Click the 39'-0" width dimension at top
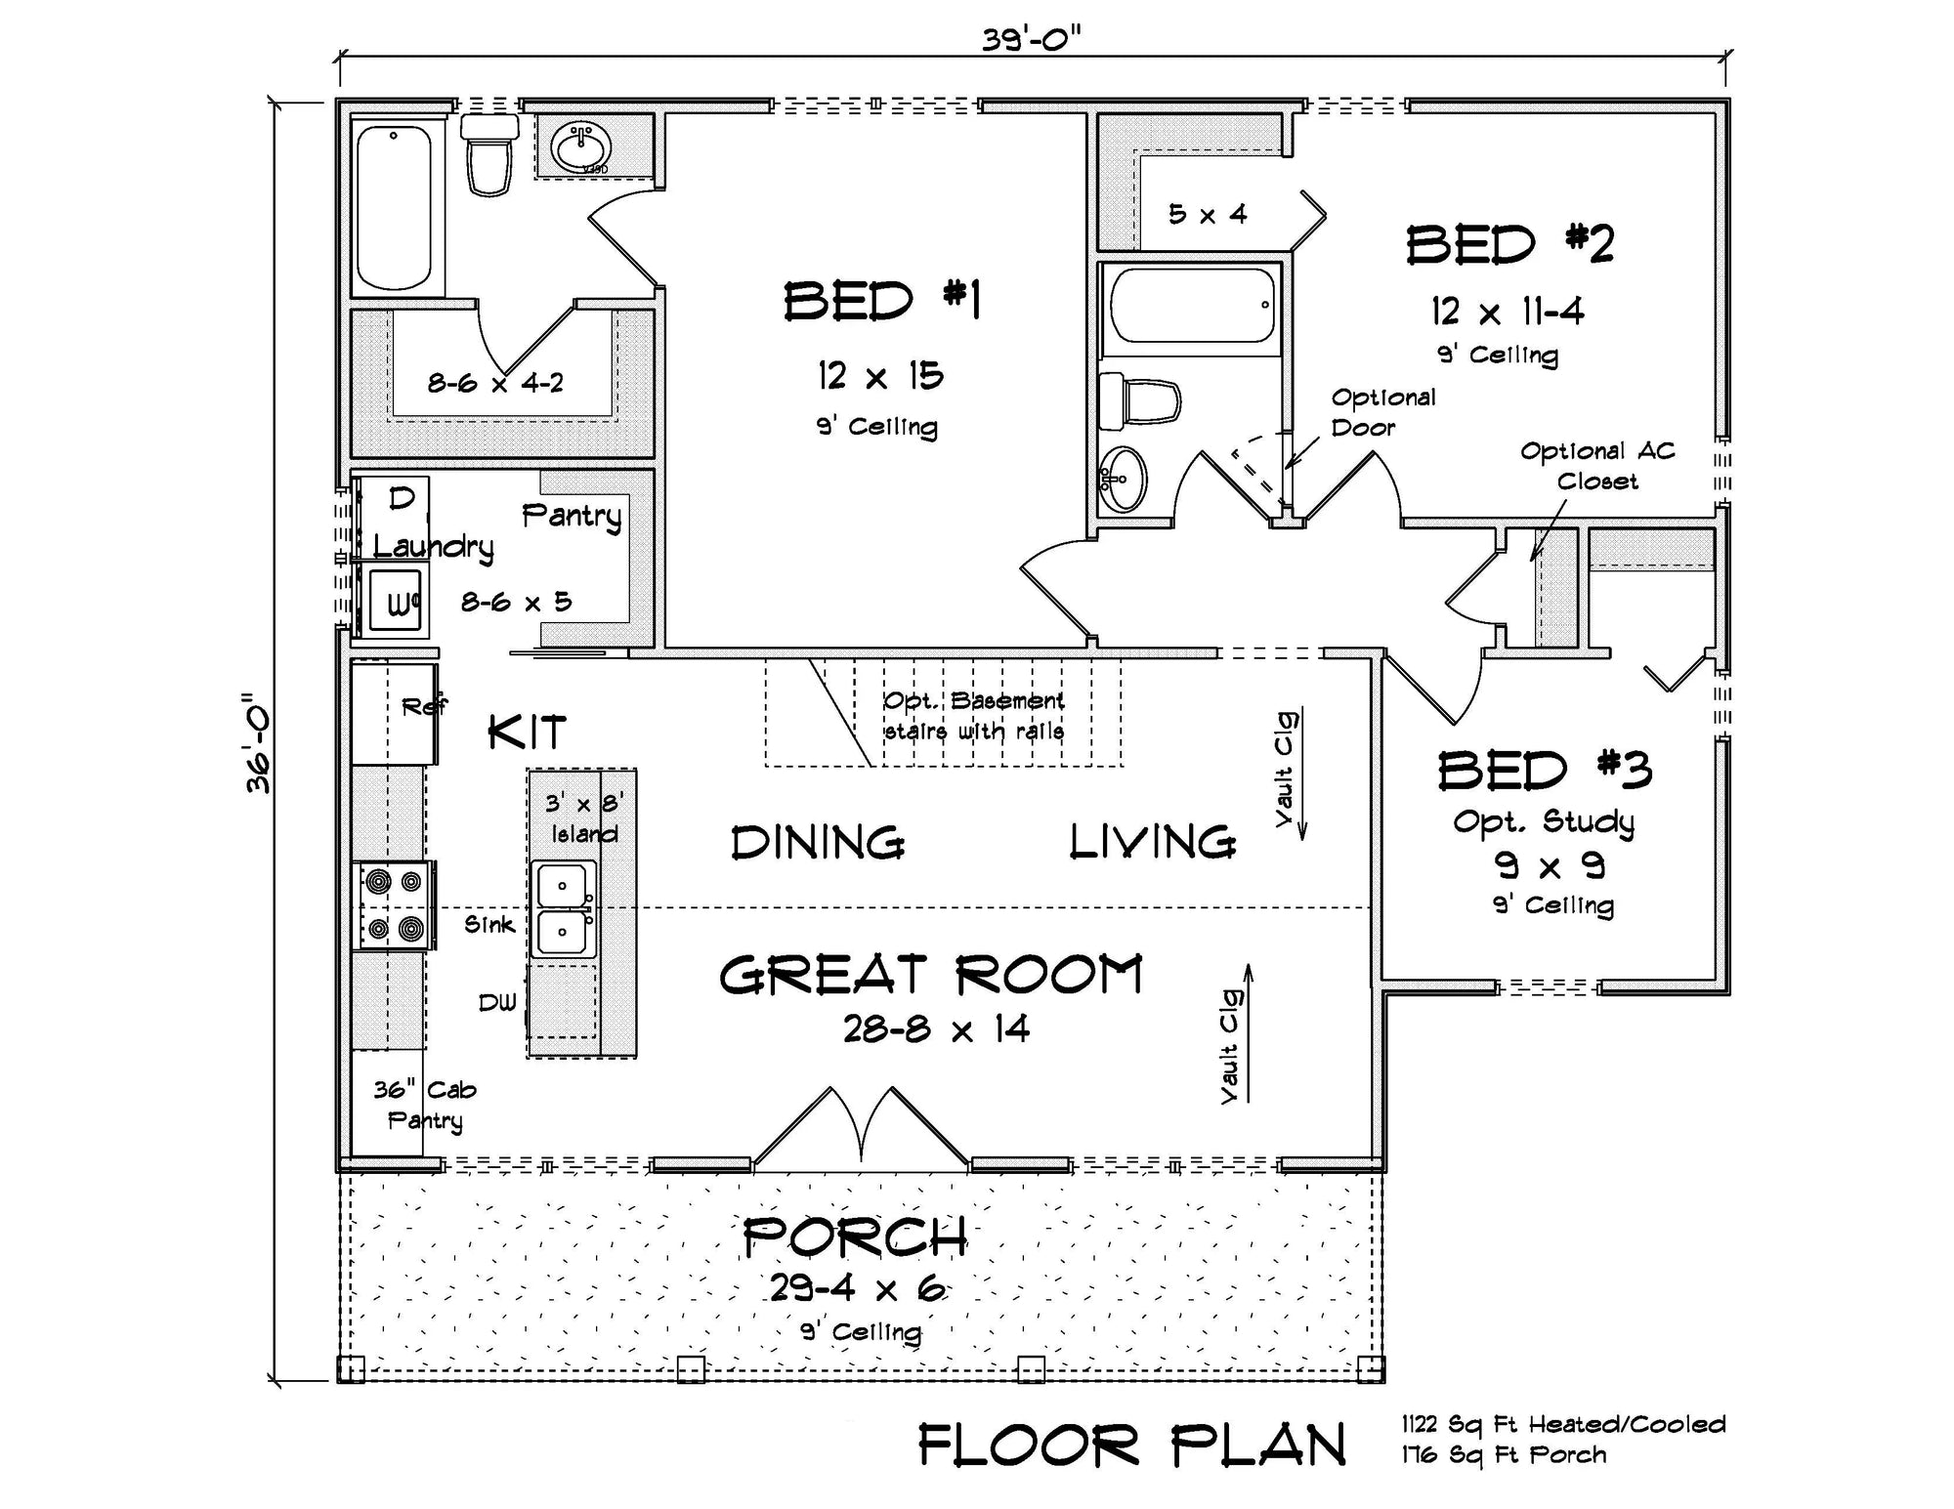(1032, 41)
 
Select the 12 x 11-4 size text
(1508, 312)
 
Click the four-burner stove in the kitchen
(395, 905)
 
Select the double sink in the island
(563, 909)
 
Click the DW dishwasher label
(497, 1003)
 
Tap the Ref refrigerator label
(424, 705)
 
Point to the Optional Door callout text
(1382, 412)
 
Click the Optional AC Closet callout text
(1597, 466)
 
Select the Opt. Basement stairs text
(973, 716)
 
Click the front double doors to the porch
(862, 1133)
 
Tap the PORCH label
(855, 1238)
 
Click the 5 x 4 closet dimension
(1208, 214)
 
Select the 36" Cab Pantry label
(425, 1105)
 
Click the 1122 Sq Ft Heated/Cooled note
(1563, 1424)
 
